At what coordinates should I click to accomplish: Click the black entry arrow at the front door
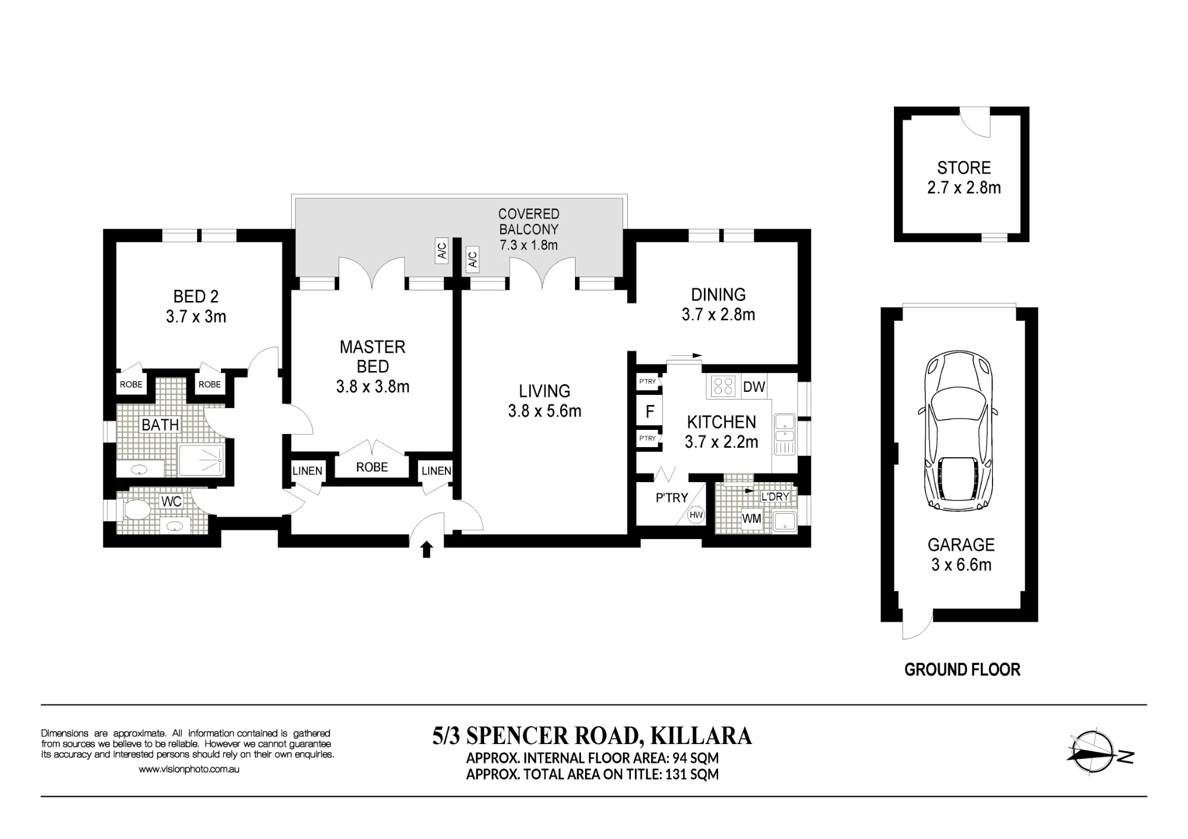click(426, 549)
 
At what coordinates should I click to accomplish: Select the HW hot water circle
click(696, 515)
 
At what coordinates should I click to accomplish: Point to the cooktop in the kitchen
click(723, 386)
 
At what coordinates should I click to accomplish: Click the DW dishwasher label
click(754, 387)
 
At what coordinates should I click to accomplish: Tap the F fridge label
click(650, 411)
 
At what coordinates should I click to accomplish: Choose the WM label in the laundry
click(751, 519)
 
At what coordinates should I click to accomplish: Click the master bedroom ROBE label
click(372, 467)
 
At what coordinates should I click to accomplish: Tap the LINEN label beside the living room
click(437, 471)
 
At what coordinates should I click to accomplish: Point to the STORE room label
click(964, 168)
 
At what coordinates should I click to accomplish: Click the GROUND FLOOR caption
click(962, 670)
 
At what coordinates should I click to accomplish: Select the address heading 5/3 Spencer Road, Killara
click(592, 736)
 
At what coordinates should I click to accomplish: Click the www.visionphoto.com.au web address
click(189, 769)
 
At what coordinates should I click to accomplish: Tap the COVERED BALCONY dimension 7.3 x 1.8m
click(529, 245)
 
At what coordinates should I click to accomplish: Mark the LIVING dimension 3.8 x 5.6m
click(545, 411)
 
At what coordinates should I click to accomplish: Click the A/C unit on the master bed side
click(441, 251)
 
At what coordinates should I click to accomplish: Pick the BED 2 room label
click(196, 296)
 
